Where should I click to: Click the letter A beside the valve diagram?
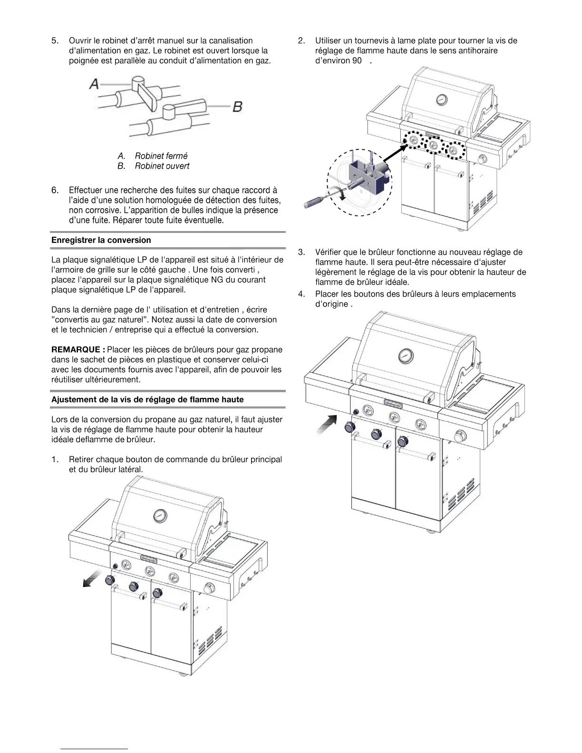94,84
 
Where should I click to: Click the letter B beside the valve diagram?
238,106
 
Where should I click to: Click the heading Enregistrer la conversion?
101,240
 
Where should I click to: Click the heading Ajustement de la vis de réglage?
147,400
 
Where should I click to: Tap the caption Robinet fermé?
161,156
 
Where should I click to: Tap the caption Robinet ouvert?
162,166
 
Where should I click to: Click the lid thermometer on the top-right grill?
442,100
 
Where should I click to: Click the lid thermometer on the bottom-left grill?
160,516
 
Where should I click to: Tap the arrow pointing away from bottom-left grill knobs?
91,579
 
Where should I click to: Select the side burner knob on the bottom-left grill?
208,588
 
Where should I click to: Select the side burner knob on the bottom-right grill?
460,436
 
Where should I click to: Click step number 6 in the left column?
55,191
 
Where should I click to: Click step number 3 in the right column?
301,252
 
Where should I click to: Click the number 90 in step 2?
357,61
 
